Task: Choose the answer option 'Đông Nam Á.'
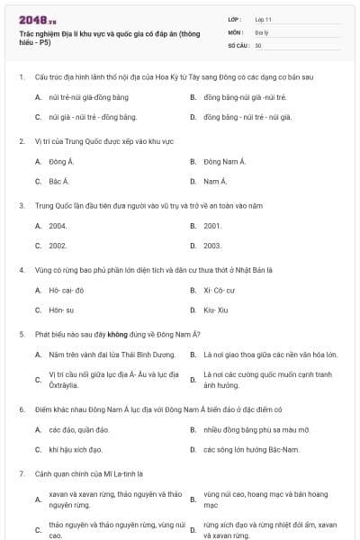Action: [224, 161]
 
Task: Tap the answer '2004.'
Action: [58, 225]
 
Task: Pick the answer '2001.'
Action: [213, 225]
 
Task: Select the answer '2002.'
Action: [58, 245]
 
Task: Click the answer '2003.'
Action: [213, 245]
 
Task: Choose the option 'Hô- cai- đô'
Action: [67, 290]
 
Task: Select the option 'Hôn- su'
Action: [61, 310]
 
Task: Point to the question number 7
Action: [21, 472]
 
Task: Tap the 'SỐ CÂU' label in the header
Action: [238, 44]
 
